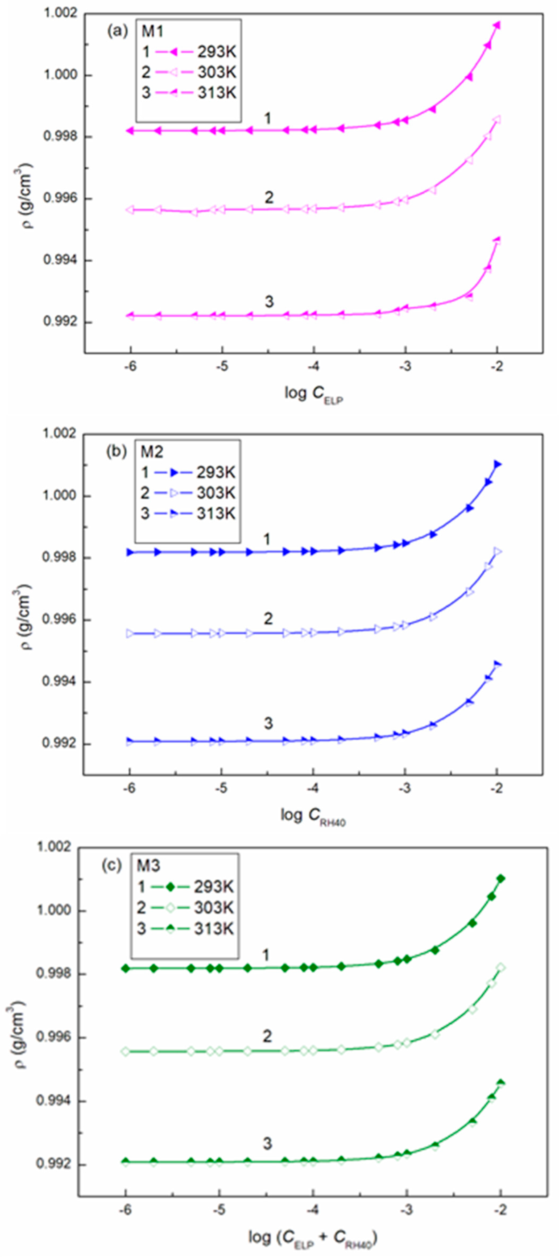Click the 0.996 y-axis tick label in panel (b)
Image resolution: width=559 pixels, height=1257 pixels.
[60, 620]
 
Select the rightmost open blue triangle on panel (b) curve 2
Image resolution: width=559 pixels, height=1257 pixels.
[497, 551]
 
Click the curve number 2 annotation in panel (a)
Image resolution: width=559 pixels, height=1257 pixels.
[269, 198]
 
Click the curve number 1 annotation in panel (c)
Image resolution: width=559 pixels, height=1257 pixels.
[266, 955]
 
